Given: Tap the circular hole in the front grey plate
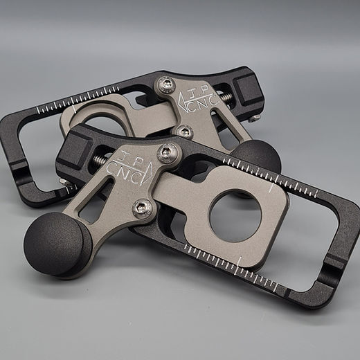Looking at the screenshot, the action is (233, 216).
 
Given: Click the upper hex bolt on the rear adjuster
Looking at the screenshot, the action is (165, 84).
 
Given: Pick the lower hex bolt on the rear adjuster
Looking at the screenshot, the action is (185, 131).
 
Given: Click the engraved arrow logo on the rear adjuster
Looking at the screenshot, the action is (183, 102).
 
